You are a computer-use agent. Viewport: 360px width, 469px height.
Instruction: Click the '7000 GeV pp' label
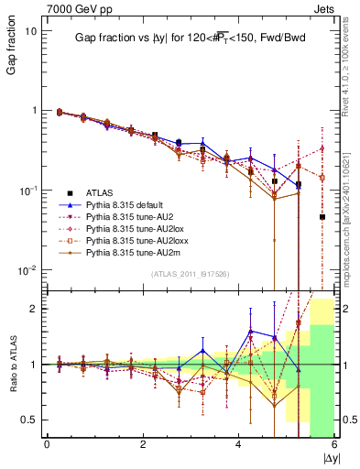point(72,7)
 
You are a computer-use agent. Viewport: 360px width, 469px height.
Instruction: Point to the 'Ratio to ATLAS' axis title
point(13,365)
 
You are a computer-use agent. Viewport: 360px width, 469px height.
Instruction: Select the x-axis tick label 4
point(239,444)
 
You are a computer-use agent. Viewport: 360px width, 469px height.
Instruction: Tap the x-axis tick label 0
point(47,444)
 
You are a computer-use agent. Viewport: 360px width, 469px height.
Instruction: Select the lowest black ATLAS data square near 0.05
point(322,217)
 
